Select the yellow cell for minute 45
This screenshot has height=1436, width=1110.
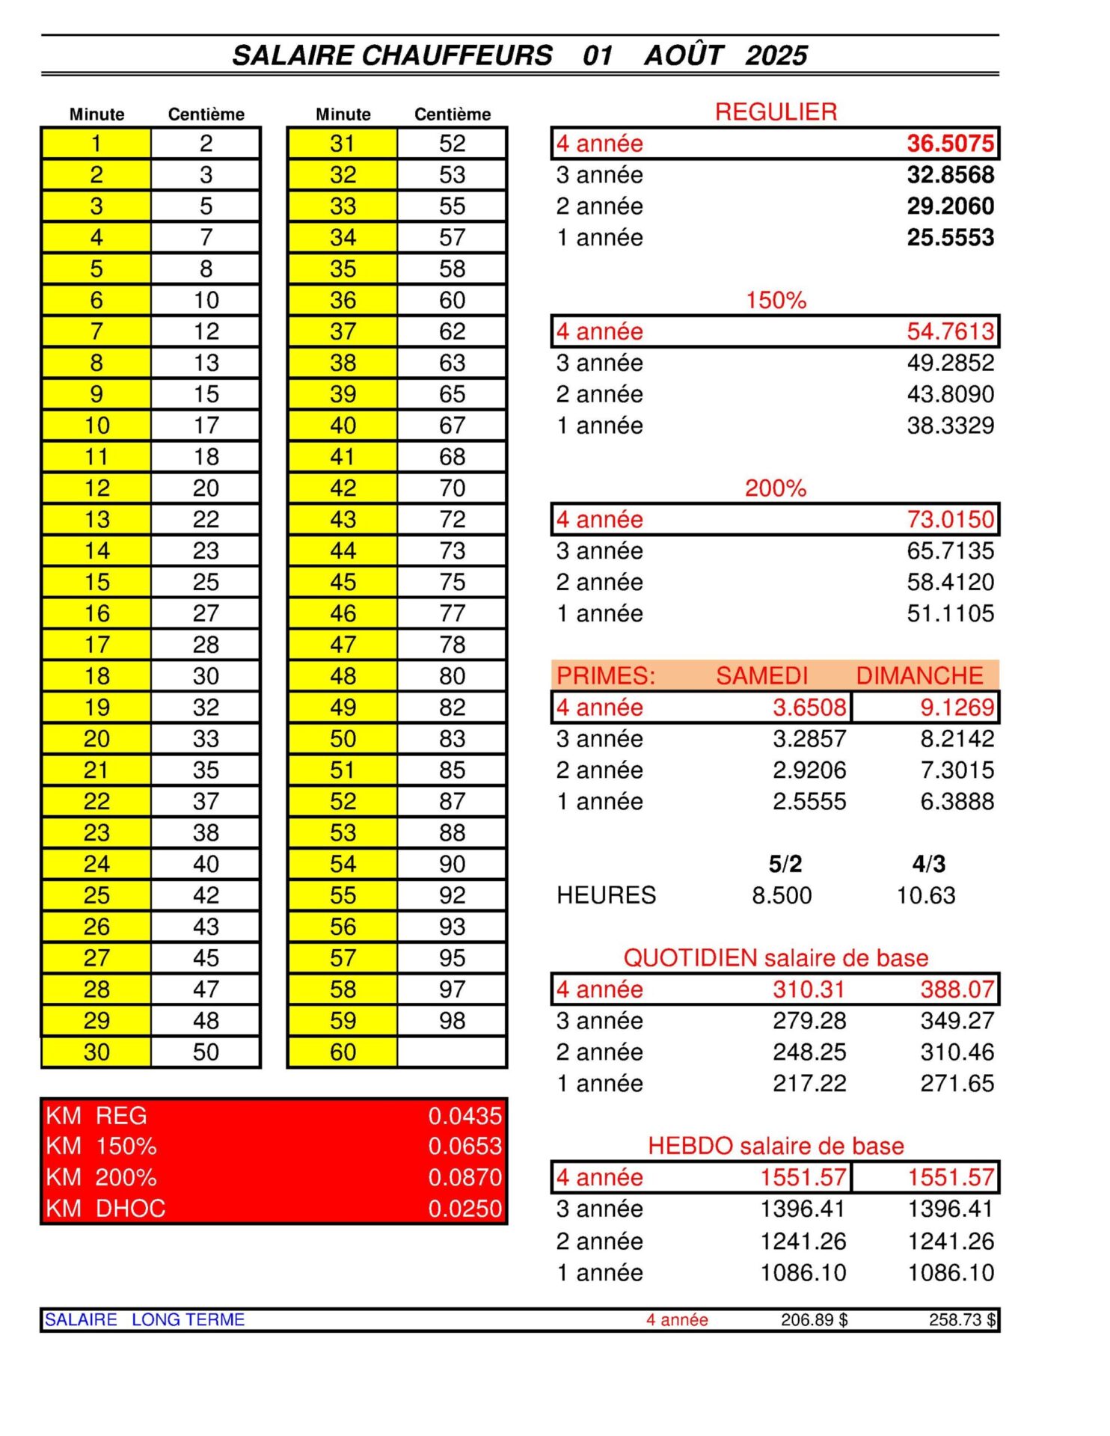(x=343, y=582)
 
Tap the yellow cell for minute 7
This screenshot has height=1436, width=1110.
(x=96, y=331)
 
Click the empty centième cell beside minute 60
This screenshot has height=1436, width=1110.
(x=452, y=1052)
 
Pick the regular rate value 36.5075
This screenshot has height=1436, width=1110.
(x=950, y=143)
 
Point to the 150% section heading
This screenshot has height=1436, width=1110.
(x=776, y=301)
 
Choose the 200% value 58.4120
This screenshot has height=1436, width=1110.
(x=950, y=582)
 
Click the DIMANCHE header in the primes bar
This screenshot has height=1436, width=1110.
(x=919, y=675)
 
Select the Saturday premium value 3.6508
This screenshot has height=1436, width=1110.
(x=809, y=707)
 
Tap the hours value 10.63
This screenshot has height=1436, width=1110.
(x=926, y=895)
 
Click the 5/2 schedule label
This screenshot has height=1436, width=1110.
(x=785, y=864)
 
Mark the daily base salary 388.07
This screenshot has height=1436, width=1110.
(x=957, y=989)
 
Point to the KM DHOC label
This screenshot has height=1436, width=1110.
(x=105, y=1208)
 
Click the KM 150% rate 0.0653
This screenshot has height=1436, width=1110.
(x=464, y=1146)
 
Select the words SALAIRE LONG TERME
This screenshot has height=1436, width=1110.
(x=144, y=1319)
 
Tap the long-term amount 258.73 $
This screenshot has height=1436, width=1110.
(x=962, y=1320)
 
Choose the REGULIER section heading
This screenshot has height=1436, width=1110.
(x=776, y=112)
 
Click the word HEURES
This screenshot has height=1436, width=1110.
(x=606, y=895)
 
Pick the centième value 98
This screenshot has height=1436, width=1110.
(x=452, y=1020)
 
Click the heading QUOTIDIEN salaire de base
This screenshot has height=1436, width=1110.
(x=776, y=958)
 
